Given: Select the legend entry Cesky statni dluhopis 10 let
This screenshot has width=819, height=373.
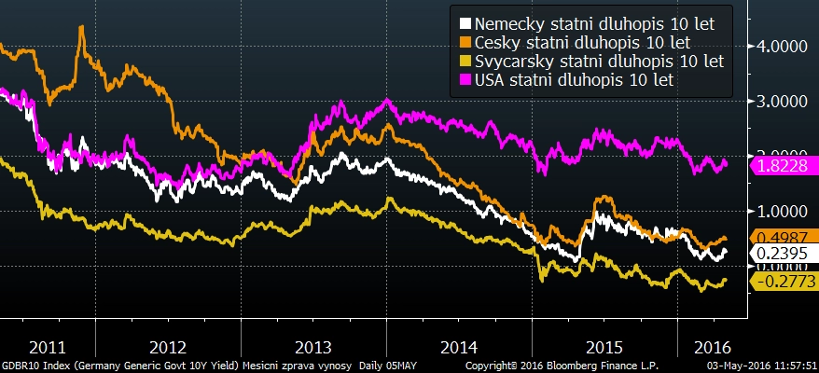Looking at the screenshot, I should tap(582, 42).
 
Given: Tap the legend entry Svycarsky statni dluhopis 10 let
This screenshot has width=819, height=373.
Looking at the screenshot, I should tap(599, 62).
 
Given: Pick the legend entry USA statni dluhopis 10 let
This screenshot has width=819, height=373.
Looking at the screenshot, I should tap(574, 81).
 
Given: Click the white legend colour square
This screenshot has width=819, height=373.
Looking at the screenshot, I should tap(465, 22).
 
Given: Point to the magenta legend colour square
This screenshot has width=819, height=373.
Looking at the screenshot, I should tap(465, 81).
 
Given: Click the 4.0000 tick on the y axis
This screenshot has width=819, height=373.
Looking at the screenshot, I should tap(782, 46).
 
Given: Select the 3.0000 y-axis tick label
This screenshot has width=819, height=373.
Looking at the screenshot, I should tap(782, 101).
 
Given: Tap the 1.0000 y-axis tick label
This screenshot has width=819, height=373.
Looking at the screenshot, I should tap(782, 212).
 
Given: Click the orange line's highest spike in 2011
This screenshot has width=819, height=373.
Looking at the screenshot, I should tap(82, 27).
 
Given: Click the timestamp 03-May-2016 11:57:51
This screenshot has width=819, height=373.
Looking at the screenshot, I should tap(761, 366).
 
